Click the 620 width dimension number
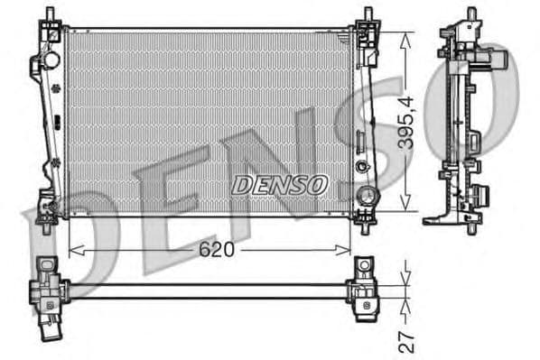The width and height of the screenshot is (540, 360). point(216,250)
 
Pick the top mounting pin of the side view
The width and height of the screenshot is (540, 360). point(470,14)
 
